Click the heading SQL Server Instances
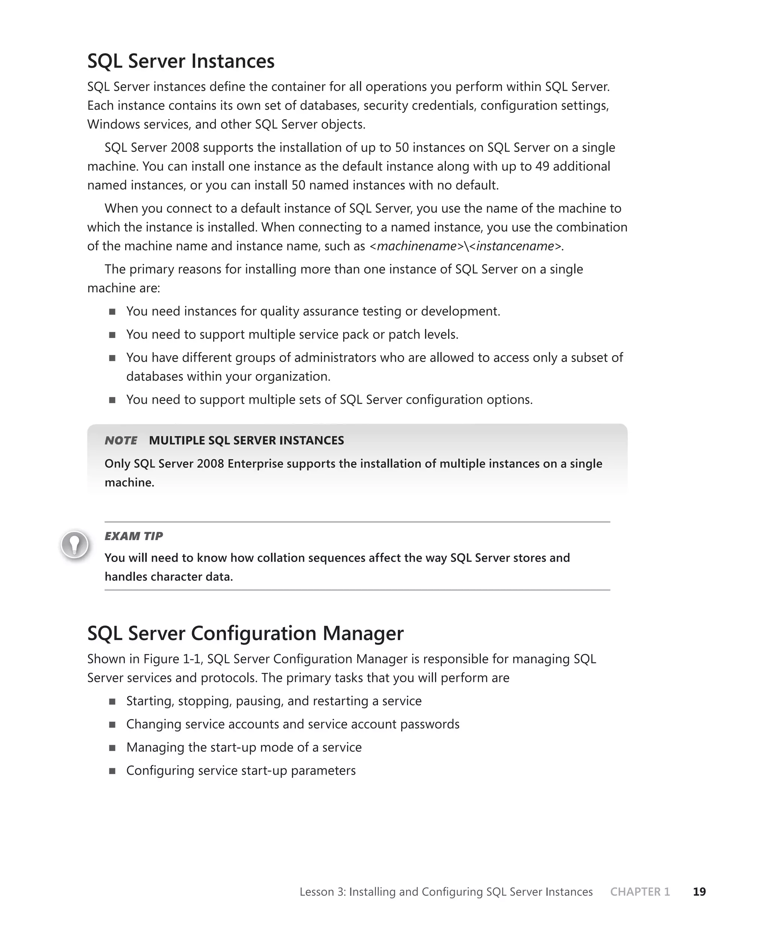tap(180, 61)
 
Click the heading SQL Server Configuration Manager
tap(245, 633)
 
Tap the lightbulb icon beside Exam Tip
tap(74, 544)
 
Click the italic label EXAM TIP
tap(133, 536)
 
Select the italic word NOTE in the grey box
tap(121, 440)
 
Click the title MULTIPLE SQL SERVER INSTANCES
tap(246, 440)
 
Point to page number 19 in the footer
tap(699, 892)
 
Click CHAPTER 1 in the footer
tap(640, 892)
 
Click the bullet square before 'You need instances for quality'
tap(112, 312)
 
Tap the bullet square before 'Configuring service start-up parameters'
tap(112, 771)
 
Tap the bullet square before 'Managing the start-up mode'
tap(112, 748)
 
